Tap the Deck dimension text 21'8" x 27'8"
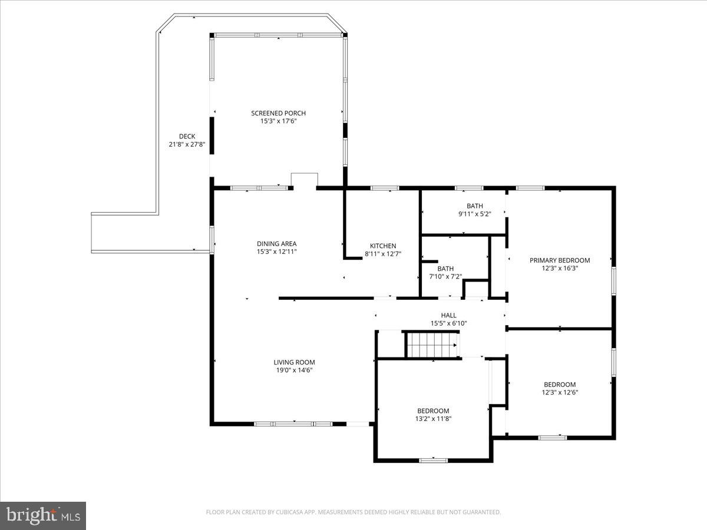(x=187, y=144)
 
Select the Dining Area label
(x=276, y=244)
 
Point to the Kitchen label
(x=383, y=246)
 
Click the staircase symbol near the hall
(x=431, y=344)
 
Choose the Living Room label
(x=294, y=362)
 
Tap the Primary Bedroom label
(x=559, y=260)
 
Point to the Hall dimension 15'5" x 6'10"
(x=448, y=323)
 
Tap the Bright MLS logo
(x=43, y=516)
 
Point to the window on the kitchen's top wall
(x=384, y=188)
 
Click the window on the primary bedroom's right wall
(x=613, y=281)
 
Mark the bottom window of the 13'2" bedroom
(x=433, y=460)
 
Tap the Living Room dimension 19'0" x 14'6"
(x=294, y=370)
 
